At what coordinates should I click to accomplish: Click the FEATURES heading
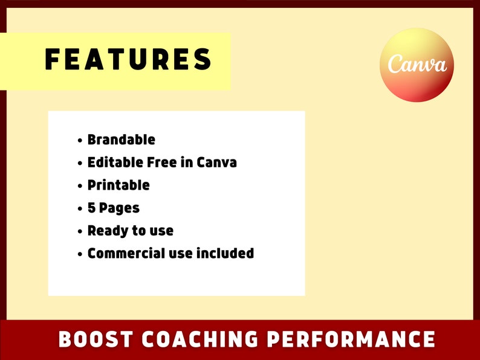129,60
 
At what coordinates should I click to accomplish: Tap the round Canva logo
417,65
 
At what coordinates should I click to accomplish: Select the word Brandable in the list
121,140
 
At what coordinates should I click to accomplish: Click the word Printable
118,185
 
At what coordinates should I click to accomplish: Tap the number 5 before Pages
92,208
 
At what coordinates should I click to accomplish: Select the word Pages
120,208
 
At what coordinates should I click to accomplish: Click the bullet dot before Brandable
80,141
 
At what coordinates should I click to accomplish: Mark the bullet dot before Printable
80,186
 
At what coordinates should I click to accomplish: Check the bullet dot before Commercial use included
80,254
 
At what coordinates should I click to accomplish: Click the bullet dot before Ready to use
80,231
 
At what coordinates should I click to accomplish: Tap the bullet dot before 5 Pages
80,209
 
